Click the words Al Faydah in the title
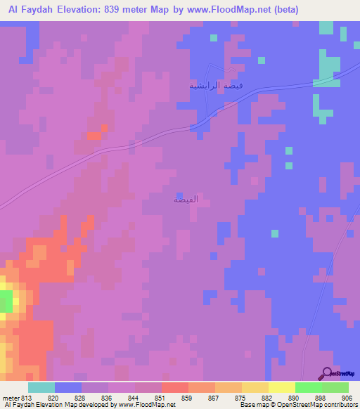[31, 10]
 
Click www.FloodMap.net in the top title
[224, 10]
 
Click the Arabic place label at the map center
[186, 200]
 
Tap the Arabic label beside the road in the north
[217, 85]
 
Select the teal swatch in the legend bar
[41, 388]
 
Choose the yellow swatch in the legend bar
[255, 388]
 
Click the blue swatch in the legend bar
[68, 388]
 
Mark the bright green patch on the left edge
[5, 302]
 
